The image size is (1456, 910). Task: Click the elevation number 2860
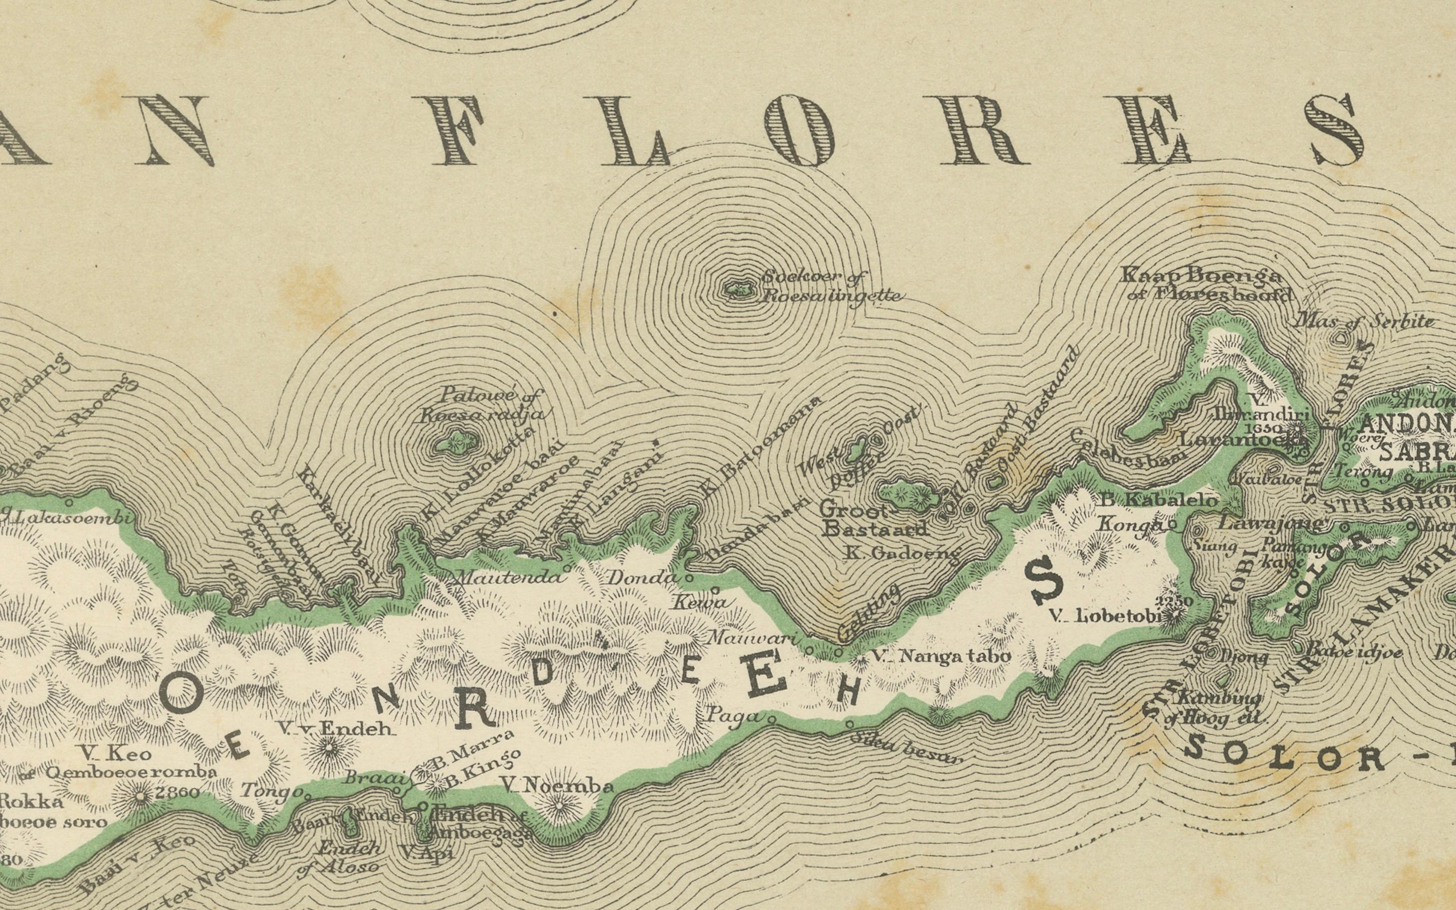[x=177, y=793]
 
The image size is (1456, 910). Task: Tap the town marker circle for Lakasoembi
[x=68, y=501]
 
